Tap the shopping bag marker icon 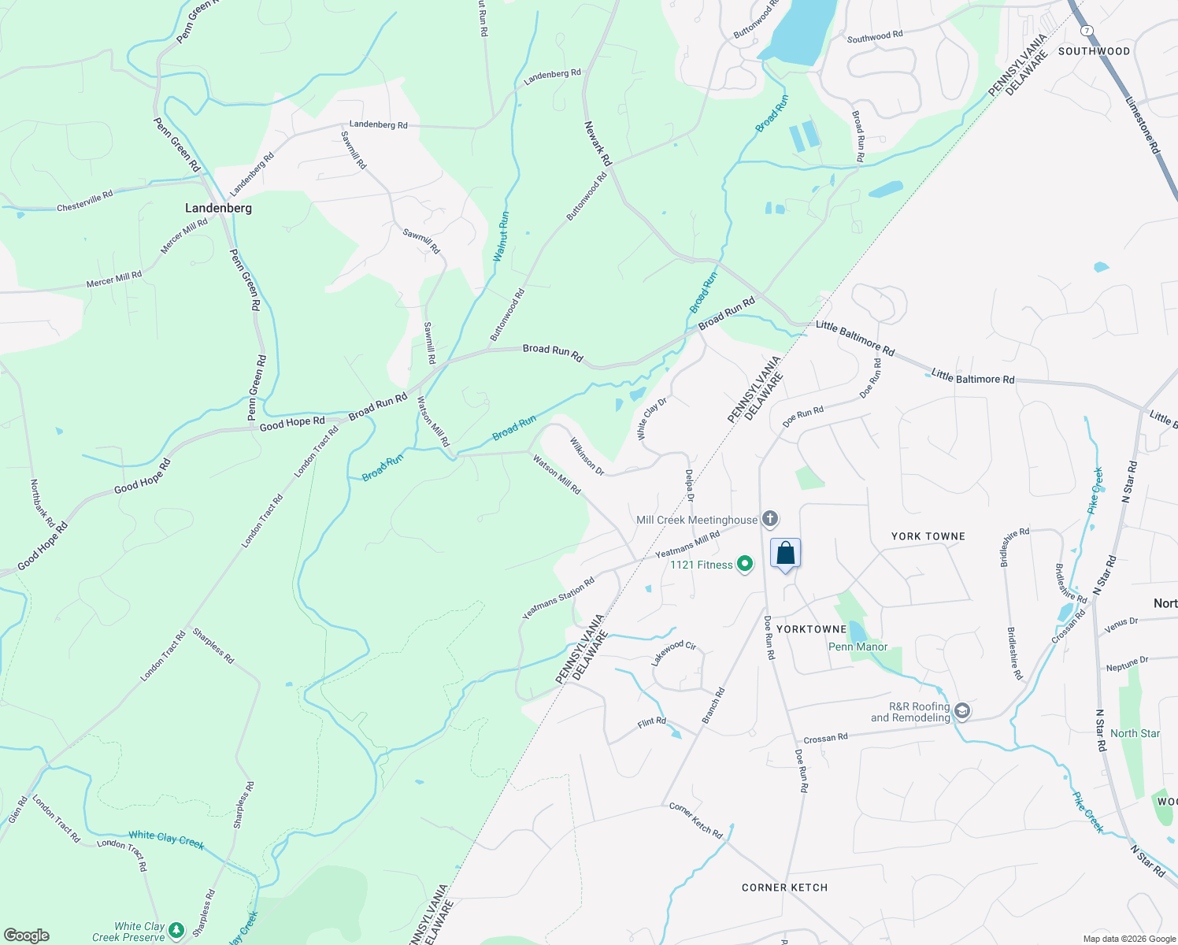[x=785, y=553]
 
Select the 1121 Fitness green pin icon [x=744, y=564]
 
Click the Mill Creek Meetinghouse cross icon [x=770, y=518]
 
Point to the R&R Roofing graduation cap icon [x=961, y=711]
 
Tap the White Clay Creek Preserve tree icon [x=176, y=931]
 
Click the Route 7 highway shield [x=1087, y=30]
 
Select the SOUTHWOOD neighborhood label [x=1094, y=51]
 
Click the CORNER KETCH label [x=784, y=888]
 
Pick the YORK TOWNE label [x=928, y=536]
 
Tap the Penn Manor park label [x=858, y=647]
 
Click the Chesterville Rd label [x=84, y=201]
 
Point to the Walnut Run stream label [x=501, y=235]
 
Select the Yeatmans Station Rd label [x=558, y=598]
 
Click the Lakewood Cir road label [x=673, y=653]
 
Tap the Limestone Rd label [x=1143, y=125]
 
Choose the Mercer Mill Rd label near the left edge [x=114, y=279]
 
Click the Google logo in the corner [x=26, y=936]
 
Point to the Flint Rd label [x=651, y=721]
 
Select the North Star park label [x=1135, y=733]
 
